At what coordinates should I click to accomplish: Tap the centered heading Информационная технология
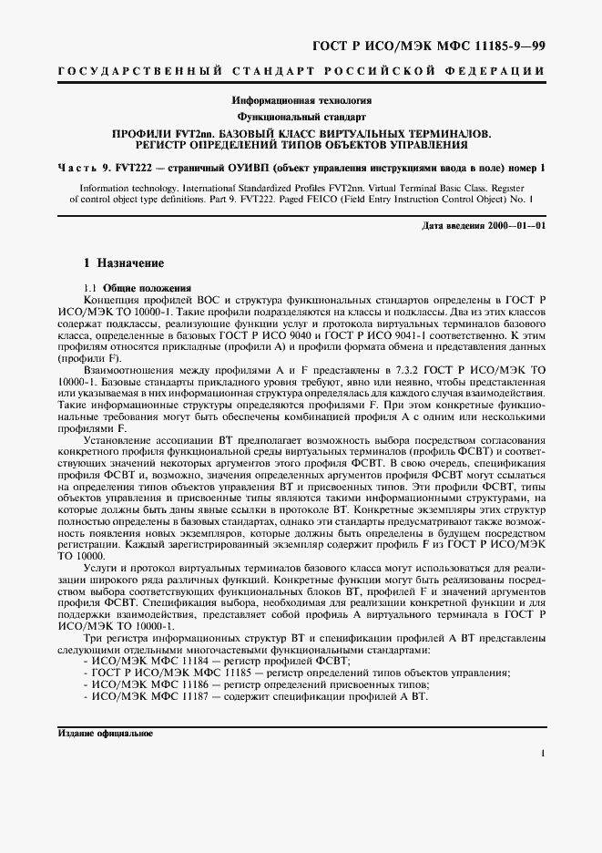tap(301, 100)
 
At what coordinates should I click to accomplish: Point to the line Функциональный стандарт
tap(301, 118)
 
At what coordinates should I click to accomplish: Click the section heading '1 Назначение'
tap(124, 263)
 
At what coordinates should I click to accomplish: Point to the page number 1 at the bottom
tap(542, 754)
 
